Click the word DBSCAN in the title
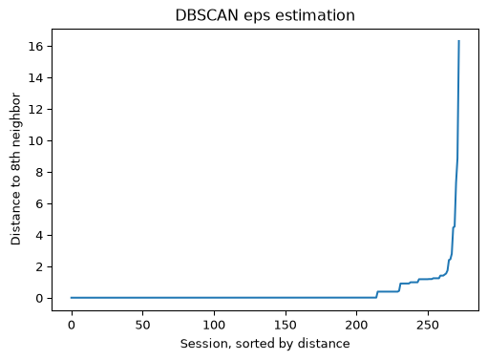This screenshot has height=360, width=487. tap(206, 15)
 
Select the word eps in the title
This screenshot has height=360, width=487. tap(257, 16)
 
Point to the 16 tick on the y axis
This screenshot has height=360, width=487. tap(35, 47)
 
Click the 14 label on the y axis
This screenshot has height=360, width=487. tap(35, 78)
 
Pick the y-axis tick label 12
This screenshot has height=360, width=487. tap(35, 110)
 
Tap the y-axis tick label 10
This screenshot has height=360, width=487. tap(35, 141)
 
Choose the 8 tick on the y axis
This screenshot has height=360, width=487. tap(39, 173)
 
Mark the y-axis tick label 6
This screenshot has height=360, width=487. tap(39, 204)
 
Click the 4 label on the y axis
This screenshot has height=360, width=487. tap(39, 236)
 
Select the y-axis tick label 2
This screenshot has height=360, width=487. tap(39, 267)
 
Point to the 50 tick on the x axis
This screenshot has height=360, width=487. tap(142, 325)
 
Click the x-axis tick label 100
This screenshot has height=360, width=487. tap(214, 325)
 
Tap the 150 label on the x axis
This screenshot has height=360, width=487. tap(286, 325)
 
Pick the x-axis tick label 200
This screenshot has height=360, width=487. tap(356, 325)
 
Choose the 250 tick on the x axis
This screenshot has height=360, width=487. tap(428, 325)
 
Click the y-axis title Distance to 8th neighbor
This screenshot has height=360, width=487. tap(15, 169)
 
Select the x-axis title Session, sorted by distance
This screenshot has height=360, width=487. tap(265, 344)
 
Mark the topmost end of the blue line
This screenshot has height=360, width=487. tap(458, 41)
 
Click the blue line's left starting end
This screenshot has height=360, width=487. tap(72, 298)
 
